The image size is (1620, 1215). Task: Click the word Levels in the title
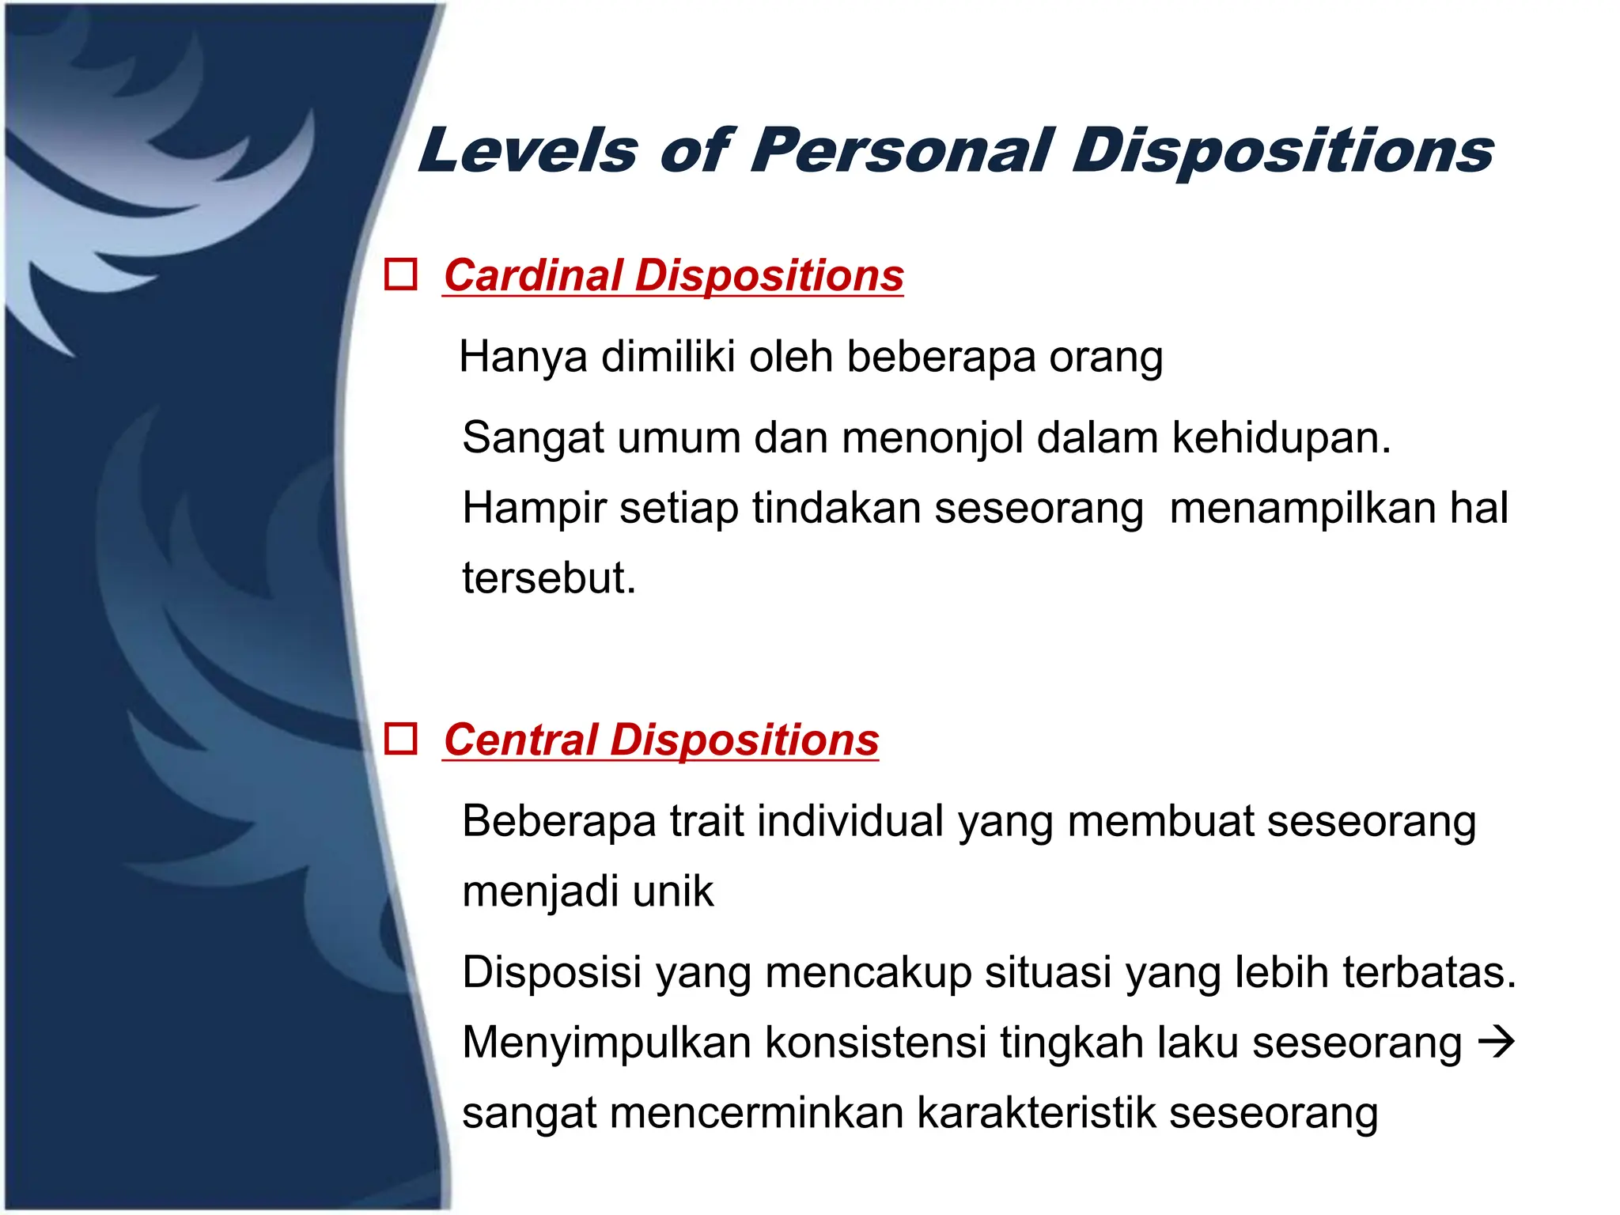coord(528,150)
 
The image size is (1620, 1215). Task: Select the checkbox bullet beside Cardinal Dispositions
coord(401,274)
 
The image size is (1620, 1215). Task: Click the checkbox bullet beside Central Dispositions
coord(401,739)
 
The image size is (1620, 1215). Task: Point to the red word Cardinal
coord(533,275)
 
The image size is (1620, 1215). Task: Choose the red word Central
coord(520,740)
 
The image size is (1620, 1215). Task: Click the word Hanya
coord(523,357)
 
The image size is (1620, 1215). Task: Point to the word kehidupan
coord(1281,438)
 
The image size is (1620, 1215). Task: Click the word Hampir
coord(534,508)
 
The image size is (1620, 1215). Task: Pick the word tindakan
coord(836,508)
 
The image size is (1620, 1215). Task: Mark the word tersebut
coord(549,577)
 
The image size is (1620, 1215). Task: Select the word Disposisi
coord(551,972)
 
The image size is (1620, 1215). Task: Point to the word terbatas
coord(1429,972)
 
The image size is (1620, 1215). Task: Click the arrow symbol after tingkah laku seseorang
coord(1497,1042)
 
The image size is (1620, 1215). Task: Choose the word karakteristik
coord(1036,1113)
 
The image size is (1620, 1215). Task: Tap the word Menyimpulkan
coord(607,1043)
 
